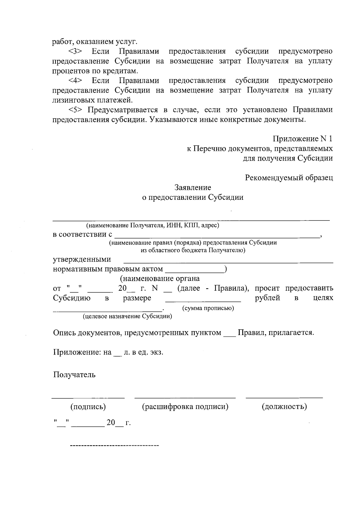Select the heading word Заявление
click(x=193, y=188)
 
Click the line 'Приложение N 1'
click(x=302, y=139)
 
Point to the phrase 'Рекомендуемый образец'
click(x=289, y=178)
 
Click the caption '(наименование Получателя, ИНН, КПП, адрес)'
click(x=152, y=225)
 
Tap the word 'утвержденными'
click(x=82, y=259)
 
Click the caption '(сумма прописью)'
click(x=208, y=308)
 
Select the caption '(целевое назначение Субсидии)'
click(x=127, y=316)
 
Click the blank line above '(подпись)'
click(x=88, y=398)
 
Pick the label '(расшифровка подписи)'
click(x=185, y=407)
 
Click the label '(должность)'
click(x=284, y=407)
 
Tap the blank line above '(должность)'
click(x=284, y=398)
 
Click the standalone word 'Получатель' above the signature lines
click(x=74, y=375)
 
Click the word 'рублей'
click(x=267, y=298)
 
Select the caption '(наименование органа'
click(x=160, y=279)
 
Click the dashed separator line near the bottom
click(x=114, y=445)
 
